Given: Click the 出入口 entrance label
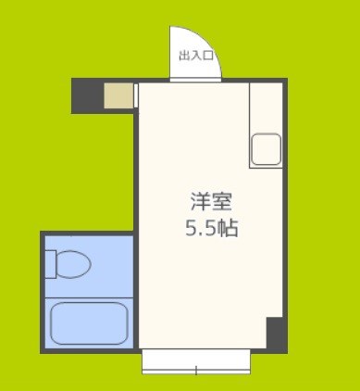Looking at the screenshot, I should click(196, 56).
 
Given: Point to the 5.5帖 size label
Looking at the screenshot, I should click(211, 227).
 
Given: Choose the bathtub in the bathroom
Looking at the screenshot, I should click(88, 323).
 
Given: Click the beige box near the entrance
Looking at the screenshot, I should click(118, 96).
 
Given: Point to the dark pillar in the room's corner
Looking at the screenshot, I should click(276, 334).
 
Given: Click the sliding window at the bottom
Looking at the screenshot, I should click(196, 361).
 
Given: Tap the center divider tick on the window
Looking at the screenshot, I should click(196, 371).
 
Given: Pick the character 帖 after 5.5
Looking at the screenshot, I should click(230, 227).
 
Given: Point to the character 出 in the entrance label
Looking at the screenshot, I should click(184, 56).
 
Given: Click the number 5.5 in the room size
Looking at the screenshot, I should click(202, 227).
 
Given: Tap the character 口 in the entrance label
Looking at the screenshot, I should click(209, 56).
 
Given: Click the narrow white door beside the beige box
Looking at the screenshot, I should click(136, 96).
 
